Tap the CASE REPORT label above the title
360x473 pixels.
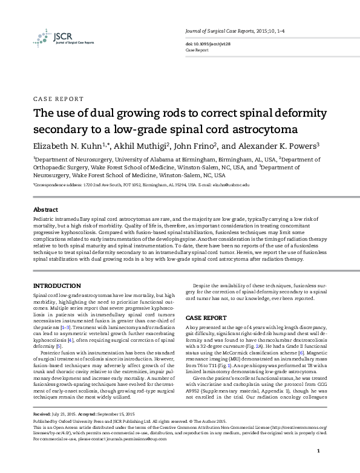click(58, 99)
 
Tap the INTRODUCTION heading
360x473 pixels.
click(57, 284)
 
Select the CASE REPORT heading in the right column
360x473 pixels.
click(206, 317)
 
